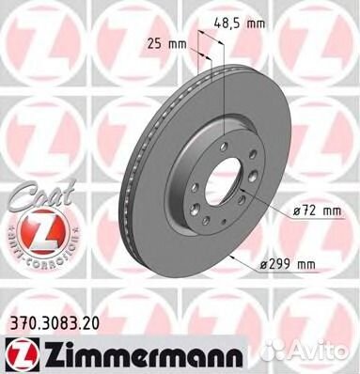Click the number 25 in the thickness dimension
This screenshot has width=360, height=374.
tap(155, 40)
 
